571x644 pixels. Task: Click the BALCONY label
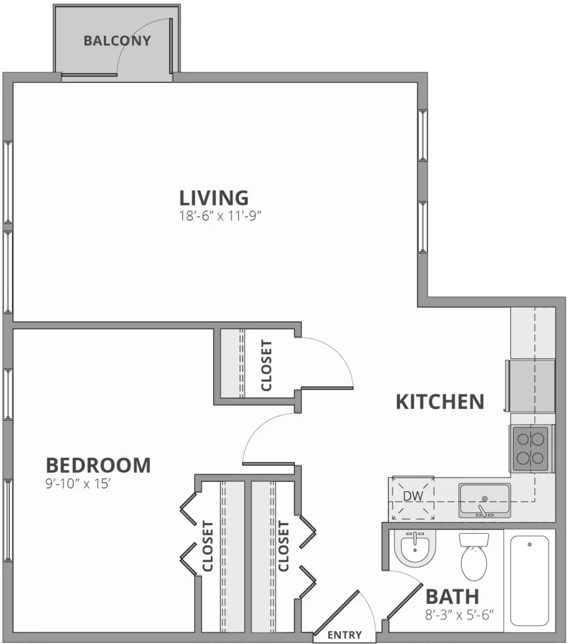point(118,42)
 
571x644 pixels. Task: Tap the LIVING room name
point(214,197)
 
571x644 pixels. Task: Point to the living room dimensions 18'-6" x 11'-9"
point(219,218)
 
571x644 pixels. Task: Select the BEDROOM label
point(98,465)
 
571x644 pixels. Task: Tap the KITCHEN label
point(440,401)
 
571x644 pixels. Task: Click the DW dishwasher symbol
point(413,496)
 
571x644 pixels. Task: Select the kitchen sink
point(484,500)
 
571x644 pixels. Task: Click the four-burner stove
point(530,448)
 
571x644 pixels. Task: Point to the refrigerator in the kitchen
point(531,386)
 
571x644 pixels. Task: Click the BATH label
point(452,596)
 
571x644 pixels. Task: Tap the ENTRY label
point(345,635)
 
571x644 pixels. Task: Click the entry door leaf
point(336,613)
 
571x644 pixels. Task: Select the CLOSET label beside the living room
point(267,365)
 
